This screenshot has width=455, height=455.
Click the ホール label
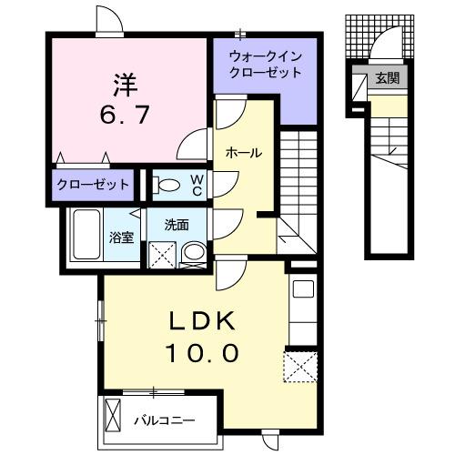[x=244, y=153]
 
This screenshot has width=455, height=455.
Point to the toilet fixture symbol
[x=169, y=185]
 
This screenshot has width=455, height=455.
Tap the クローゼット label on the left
[x=93, y=185]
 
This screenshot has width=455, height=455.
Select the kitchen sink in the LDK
[x=302, y=292]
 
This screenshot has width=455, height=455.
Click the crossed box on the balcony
[x=113, y=414]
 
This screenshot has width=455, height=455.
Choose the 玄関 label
[x=388, y=78]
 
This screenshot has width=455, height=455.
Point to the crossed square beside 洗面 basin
[x=162, y=254]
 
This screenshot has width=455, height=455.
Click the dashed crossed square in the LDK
[x=300, y=369]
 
